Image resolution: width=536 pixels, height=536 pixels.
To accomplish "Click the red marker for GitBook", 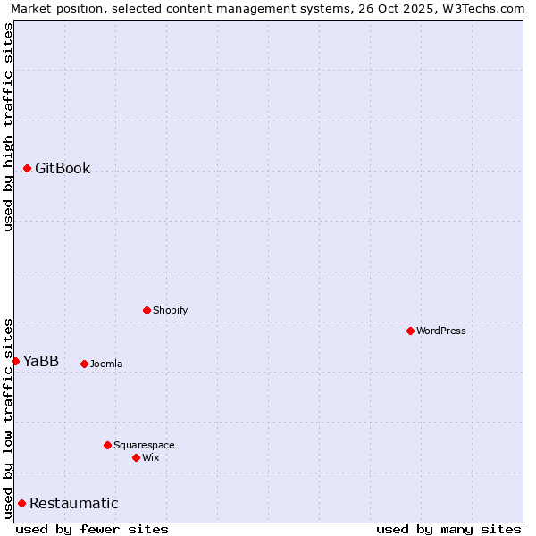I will point(27,168).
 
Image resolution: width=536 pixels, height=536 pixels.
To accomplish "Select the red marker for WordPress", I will point(410,331).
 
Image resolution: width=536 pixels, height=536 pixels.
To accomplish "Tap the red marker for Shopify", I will point(147,310).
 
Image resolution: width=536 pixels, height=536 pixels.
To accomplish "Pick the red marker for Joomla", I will point(84,364).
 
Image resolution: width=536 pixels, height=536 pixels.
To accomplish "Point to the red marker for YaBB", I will point(15,361).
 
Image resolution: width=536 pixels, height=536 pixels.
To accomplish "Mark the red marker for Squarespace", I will point(107,445).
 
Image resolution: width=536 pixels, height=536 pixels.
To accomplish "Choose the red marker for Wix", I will point(136,457).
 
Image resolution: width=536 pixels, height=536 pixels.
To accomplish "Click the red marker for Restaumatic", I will point(21,503).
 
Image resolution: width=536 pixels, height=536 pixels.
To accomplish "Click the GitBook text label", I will point(63,168).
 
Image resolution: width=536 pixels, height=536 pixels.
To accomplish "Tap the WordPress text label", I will point(440,331).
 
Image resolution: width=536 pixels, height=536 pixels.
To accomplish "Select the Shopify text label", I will point(170,310).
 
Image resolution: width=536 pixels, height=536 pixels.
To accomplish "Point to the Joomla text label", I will point(106,364).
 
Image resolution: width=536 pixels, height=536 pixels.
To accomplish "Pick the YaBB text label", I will point(41,361).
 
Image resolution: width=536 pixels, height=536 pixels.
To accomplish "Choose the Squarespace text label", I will point(144,445).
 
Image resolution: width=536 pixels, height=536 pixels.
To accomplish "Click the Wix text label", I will point(150,457).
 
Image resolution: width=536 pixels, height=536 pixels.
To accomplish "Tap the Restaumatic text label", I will point(73,503).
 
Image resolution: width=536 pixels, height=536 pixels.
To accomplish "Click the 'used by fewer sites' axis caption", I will point(92,529).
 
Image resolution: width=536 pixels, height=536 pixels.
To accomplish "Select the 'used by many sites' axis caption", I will point(448,529).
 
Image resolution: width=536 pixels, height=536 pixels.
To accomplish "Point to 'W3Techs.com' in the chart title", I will point(486,8).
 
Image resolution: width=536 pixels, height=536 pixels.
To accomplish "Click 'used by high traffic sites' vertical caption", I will point(8,127).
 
